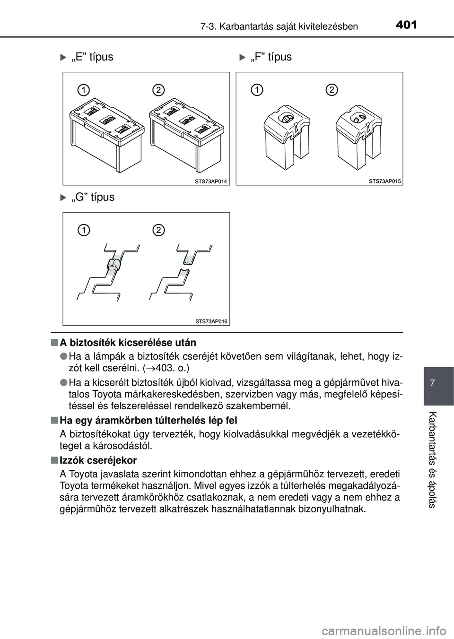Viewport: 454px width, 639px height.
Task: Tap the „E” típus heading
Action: [92, 57]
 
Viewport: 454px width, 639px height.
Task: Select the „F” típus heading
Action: [271, 57]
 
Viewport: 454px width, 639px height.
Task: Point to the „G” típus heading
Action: [93, 197]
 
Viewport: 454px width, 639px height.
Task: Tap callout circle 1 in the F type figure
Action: [257, 89]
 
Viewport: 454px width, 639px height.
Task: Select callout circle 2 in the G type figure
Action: [158, 230]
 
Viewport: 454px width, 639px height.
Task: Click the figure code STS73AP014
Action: [211, 181]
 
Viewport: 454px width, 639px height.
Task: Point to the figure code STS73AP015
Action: [385, 181]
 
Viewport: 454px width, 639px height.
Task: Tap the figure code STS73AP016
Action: [211, 321]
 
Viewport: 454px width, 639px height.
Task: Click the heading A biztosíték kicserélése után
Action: [128, 342]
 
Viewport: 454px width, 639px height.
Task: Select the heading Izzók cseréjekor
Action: [98, 460]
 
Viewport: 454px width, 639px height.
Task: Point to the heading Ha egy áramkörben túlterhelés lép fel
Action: [148, 420]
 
